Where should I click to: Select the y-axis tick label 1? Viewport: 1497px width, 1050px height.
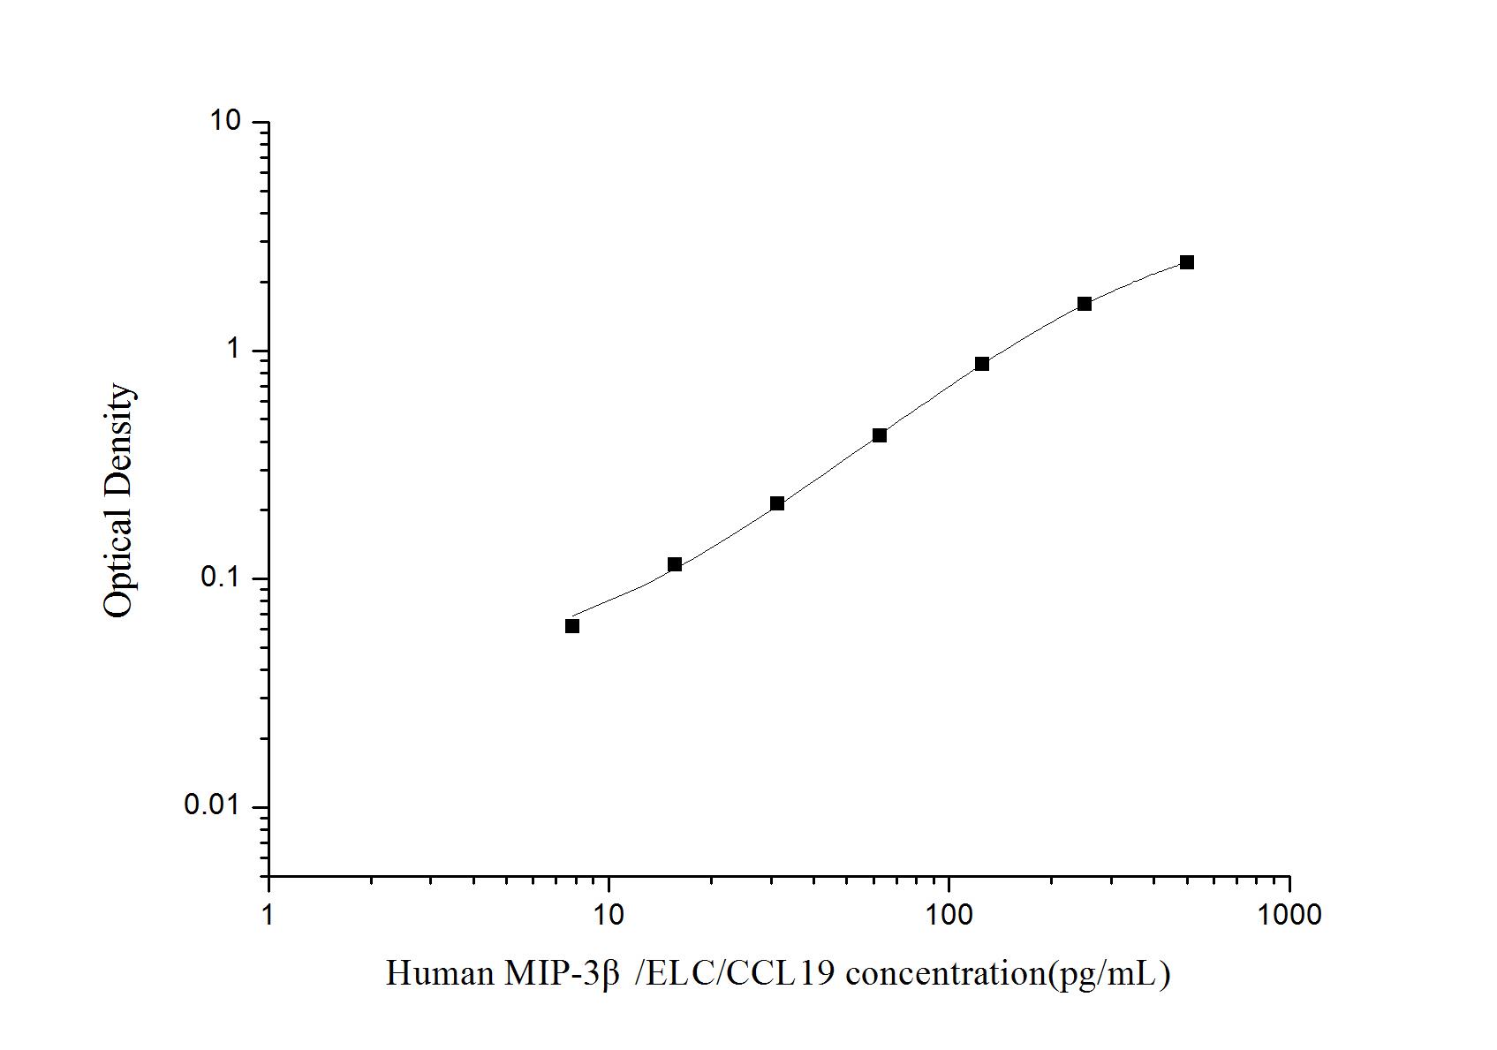[x=234, y=350]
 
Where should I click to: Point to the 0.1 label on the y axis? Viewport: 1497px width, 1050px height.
[x=222, y=578]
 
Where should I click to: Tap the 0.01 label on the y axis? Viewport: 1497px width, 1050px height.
[x=212, y=805]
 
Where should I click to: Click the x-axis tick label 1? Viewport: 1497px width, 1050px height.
[x=268, y=915]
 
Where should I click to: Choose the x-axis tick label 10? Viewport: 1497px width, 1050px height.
[x=609, y=915]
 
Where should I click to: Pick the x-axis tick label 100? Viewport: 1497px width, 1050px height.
[x=949, y=915]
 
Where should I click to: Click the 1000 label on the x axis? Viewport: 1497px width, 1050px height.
[x=1289, y=915]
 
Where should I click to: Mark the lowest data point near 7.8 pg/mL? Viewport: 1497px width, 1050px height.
[x=572, y=626]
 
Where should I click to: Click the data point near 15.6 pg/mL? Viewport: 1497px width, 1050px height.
[x=675, y=564]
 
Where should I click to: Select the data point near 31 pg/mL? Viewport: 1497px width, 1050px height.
[x=777, y=503]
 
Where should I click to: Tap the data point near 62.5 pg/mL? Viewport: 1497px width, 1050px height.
[x=880, y=435]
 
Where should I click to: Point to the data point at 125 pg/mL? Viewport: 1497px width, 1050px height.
[x=982, y=364]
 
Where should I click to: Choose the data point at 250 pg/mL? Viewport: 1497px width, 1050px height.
[x=1085, y=304]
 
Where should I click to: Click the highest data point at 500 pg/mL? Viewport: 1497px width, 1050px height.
[x=1187, y=262]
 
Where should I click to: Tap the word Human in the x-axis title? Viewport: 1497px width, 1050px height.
[x=439, y=974]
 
